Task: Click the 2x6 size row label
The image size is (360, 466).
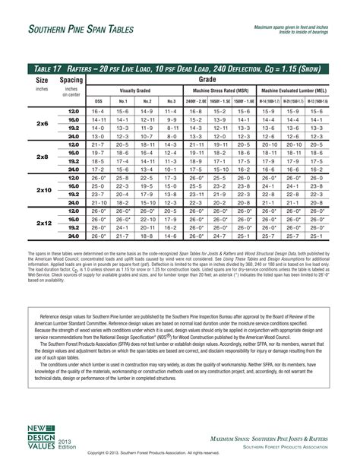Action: tap(42, 123)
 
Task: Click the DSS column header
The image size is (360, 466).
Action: tap(98, 101)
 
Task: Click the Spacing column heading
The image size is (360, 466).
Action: tap(71, 79)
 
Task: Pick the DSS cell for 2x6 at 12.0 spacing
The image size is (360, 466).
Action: tap(98, 111)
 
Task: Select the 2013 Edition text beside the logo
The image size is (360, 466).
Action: tap(67, 444)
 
